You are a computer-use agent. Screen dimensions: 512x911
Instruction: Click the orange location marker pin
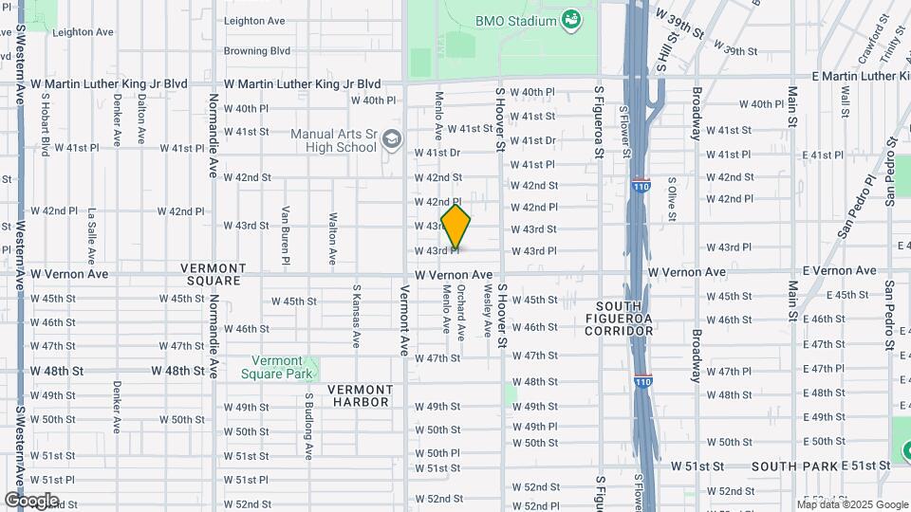[456, 227]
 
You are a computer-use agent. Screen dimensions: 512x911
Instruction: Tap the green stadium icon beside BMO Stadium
[570, 19]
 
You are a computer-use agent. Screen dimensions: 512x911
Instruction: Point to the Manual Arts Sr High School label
[333, 140]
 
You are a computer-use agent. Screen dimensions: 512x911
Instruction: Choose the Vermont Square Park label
[277, 367]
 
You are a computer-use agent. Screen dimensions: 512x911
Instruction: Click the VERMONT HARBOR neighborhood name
[360, 395]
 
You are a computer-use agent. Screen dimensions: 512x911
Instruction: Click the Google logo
[31, 501]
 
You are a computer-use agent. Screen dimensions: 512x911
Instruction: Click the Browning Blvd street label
[256, 50]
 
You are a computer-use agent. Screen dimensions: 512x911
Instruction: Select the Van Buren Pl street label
[286, 234]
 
